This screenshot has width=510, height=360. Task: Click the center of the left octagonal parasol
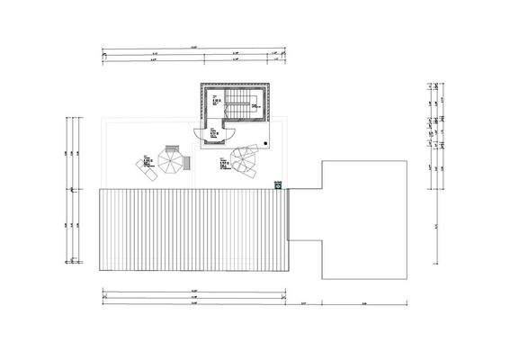click(170, 161)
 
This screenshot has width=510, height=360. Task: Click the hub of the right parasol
click(245, 160)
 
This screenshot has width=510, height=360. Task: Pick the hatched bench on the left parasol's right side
click(188, 163)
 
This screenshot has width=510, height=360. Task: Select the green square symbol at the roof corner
click(279, 184)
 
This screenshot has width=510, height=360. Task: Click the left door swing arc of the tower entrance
click(206, 137)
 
